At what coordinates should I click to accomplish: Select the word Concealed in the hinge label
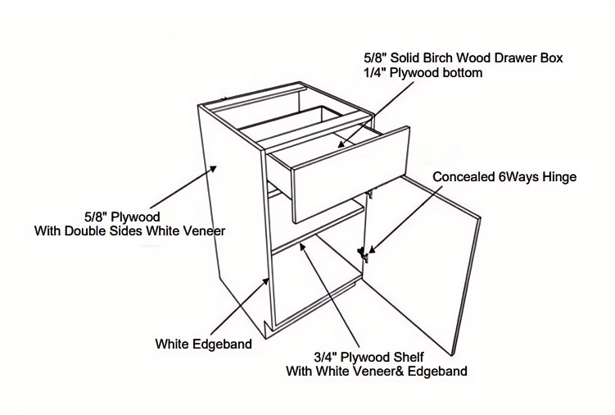click(x=464, y=177)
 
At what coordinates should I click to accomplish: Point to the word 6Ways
click(x=518, y=177)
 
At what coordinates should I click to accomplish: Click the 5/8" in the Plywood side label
click(x=96, y=217)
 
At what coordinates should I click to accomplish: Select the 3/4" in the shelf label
click(x=325, y=358)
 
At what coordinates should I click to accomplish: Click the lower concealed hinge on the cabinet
click(x=364, y=254)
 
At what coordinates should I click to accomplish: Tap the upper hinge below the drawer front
click(x=370, y=193)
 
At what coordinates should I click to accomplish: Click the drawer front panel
click(x=351, y=176)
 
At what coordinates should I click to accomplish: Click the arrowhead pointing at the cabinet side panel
click(x=213, y=169)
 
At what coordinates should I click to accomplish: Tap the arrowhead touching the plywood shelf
click(x=302, y=247)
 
